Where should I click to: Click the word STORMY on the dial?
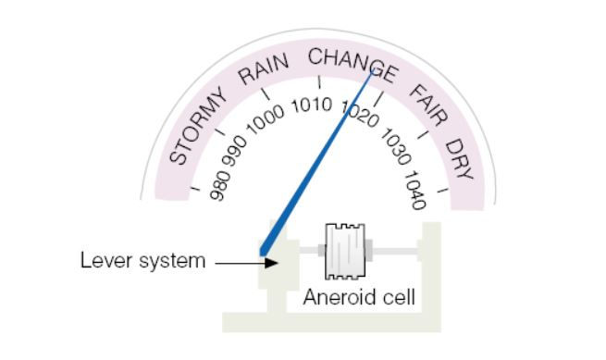[199, 127]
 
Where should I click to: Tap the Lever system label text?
[141, 261]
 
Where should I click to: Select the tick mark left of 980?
[195, 191]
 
